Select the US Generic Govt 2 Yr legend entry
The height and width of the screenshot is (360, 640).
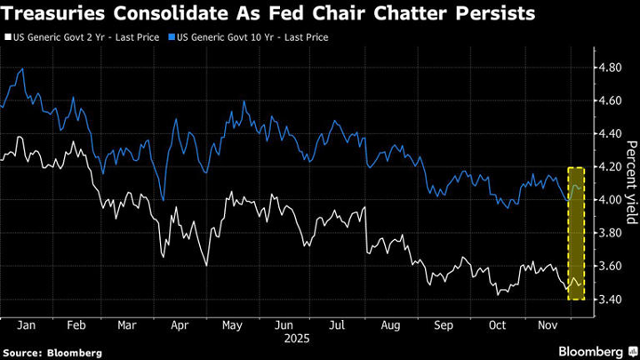click(84, 37)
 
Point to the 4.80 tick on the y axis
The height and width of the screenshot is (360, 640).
click(612, 68)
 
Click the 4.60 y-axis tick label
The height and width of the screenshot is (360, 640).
click(612, 100)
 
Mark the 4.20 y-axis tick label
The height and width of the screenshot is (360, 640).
click(612, 167)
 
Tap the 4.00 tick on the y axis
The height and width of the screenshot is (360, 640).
click(612, 200)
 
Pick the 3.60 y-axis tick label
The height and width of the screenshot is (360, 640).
click(612, 267)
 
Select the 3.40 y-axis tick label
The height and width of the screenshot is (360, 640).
click(612, 300)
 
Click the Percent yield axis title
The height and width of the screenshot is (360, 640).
click(630, 183)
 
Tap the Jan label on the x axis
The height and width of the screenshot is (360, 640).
click(25, 326)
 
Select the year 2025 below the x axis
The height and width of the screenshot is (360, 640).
click(294, 340)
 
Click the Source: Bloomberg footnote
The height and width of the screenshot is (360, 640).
click(52, 353)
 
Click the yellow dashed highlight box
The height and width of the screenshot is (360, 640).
click(576, 233)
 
